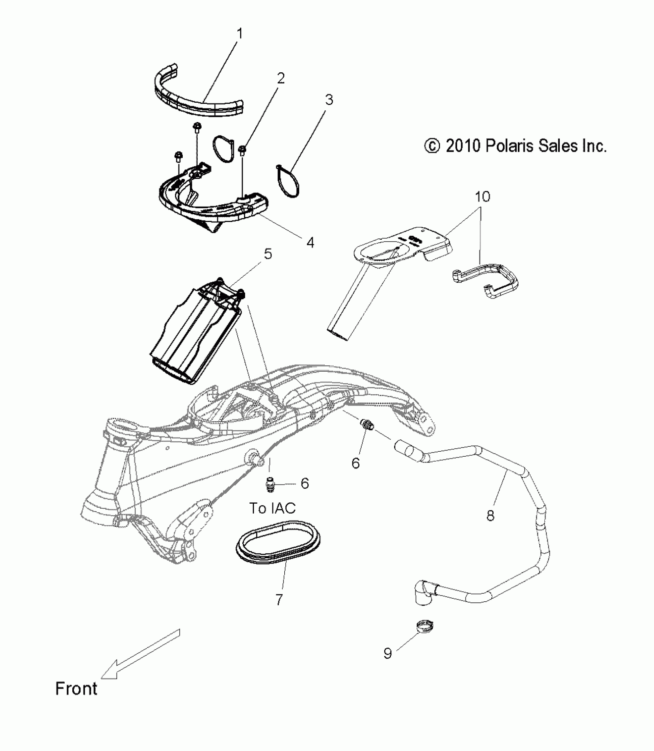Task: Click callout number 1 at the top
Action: (239, 34)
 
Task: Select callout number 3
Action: (329, 100)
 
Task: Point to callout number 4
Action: (310, 242)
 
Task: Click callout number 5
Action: (268, 254)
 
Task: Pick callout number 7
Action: (279, 600)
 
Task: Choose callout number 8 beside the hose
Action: (490, 515)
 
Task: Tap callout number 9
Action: (387, 653)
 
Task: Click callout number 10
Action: (482, 197)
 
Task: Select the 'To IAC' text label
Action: (272, 508)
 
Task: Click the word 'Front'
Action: (76, 688)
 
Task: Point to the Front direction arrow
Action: (140, 654)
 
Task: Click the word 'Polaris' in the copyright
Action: (506, 146)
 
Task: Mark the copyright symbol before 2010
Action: (432, 146)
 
